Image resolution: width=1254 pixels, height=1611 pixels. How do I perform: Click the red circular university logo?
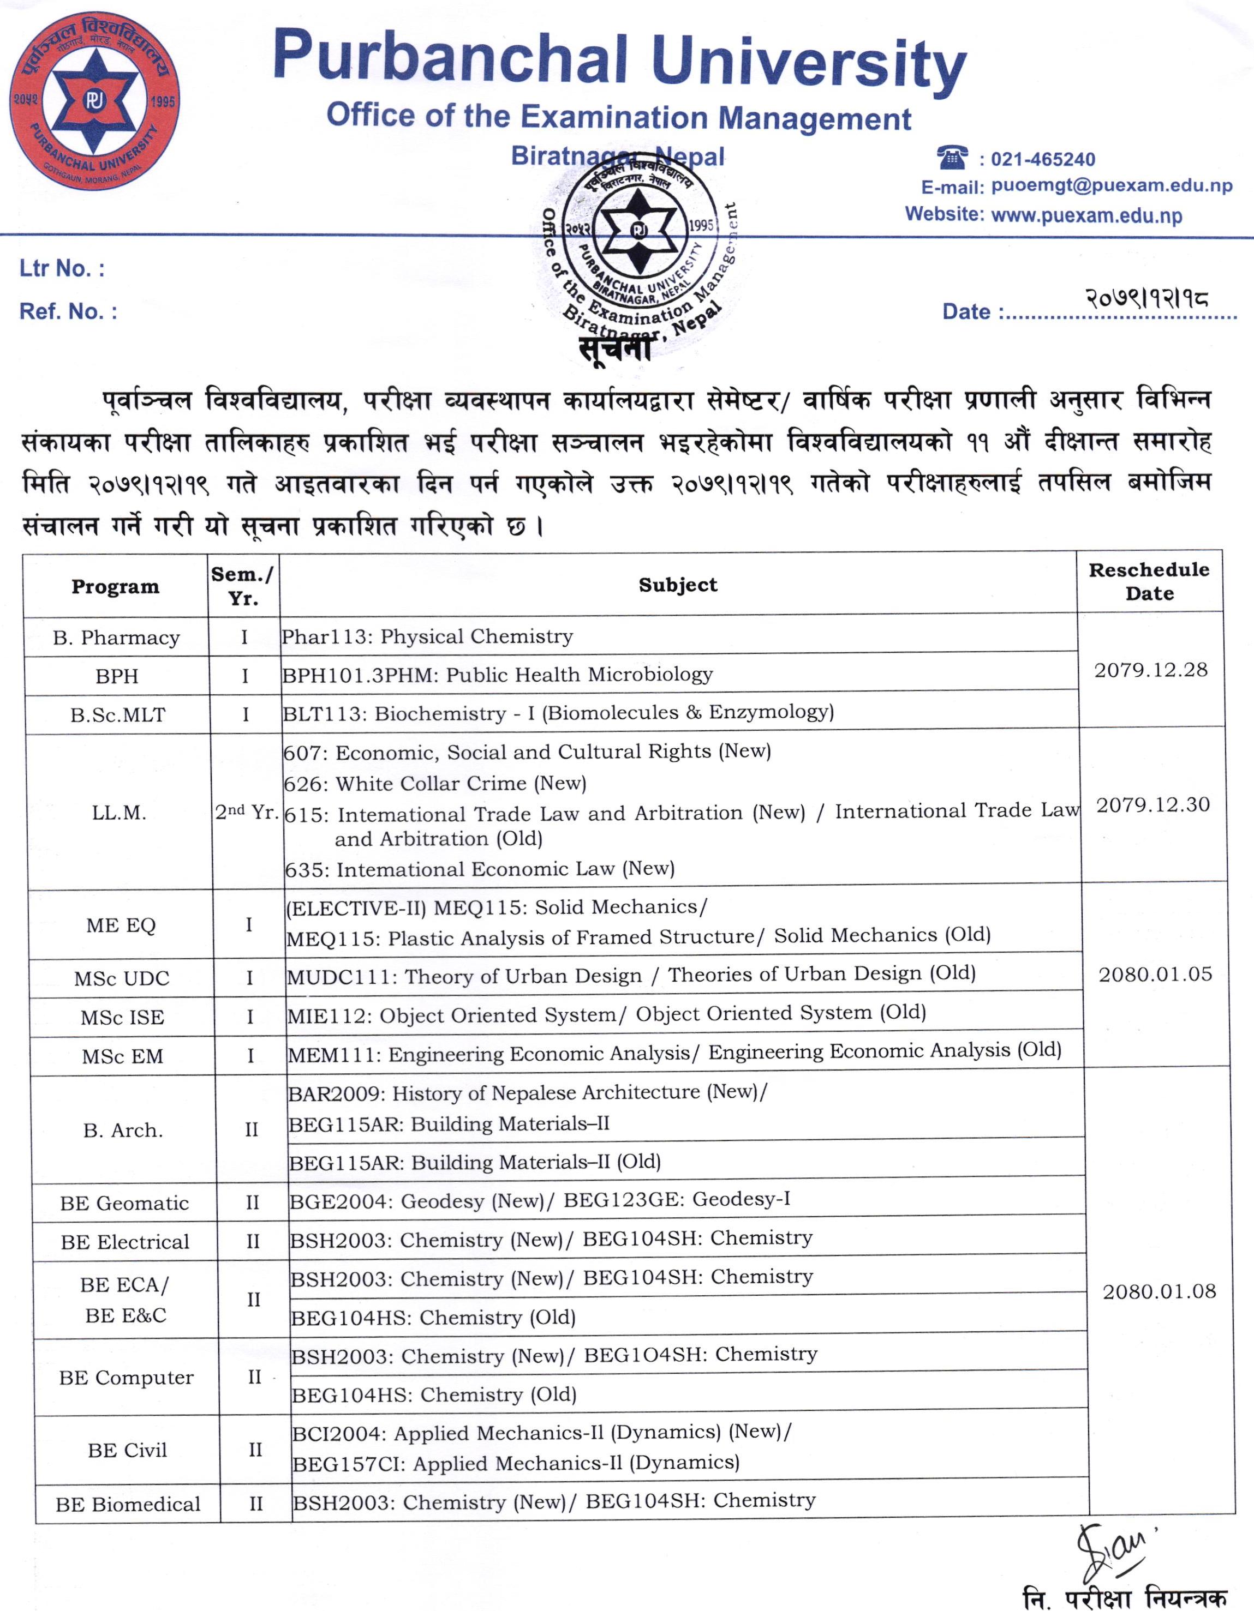pyautogui.click(x=94, y=101)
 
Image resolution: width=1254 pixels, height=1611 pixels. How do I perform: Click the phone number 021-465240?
pyautogui.click(x=1042, y=159)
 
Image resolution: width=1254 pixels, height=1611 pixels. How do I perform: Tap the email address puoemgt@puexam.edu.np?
pyautogui.click(x=1112, y=186)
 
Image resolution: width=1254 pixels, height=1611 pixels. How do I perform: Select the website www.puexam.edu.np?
pyautogui.click(x=1086, y=215)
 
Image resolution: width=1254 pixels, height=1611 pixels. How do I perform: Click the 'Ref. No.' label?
pyautogui.click(x=68, y=311)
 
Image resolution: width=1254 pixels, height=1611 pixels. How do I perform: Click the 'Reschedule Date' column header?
pyautogui.click(x=1149, y=581)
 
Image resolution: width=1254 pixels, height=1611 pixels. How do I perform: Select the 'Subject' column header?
pyautogui.click(x=678, y=585)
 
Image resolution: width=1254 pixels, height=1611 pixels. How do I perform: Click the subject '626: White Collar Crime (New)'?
pyautogui.click(x=435, y=783)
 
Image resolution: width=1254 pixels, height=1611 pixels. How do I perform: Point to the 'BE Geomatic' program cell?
pyautogui.click(x=125, y=1203)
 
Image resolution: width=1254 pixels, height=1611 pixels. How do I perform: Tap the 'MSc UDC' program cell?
pyautogui.click(x=122, y=979)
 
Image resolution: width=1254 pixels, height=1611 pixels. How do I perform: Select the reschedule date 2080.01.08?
pyautogui.click(x=1159, y=1291)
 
